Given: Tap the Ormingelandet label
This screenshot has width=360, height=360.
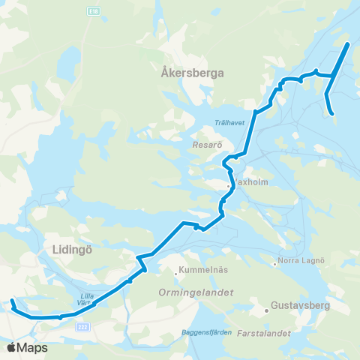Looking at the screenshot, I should [x=196, y=292].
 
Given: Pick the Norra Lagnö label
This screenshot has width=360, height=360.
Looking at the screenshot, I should [x=300, y=260].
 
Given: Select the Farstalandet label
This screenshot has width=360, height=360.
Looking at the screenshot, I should [x=263, y=331].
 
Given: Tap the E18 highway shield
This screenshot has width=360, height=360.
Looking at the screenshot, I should [x=93, y=13].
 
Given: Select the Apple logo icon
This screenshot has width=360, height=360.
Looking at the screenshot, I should [x=11, y=347].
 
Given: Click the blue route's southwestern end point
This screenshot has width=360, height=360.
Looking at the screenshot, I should [x=12, y=302].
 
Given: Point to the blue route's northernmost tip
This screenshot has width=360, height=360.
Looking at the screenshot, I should [x=348, y=44].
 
